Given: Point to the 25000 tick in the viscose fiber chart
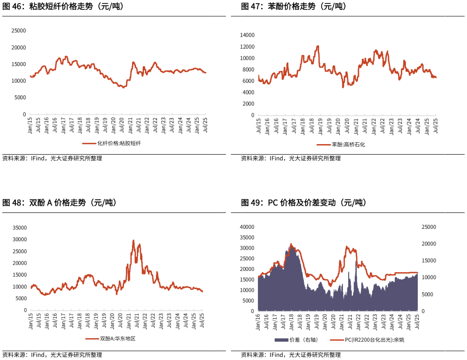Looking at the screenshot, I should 19,31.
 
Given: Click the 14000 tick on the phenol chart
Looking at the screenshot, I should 247,35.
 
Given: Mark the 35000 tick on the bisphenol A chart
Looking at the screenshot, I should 20,228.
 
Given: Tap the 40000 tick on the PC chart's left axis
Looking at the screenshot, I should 247,227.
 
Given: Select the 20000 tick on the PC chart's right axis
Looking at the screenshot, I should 429,244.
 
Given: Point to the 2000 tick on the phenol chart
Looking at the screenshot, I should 249,104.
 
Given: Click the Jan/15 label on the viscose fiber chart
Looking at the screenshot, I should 30,125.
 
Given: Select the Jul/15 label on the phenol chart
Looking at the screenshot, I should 258,125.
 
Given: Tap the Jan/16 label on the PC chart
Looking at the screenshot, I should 258,322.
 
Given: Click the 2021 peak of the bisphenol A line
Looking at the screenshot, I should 133,241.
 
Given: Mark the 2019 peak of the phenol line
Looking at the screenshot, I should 318,46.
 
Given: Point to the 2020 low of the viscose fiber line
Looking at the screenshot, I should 124,87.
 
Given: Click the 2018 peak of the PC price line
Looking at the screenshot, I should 291,243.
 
